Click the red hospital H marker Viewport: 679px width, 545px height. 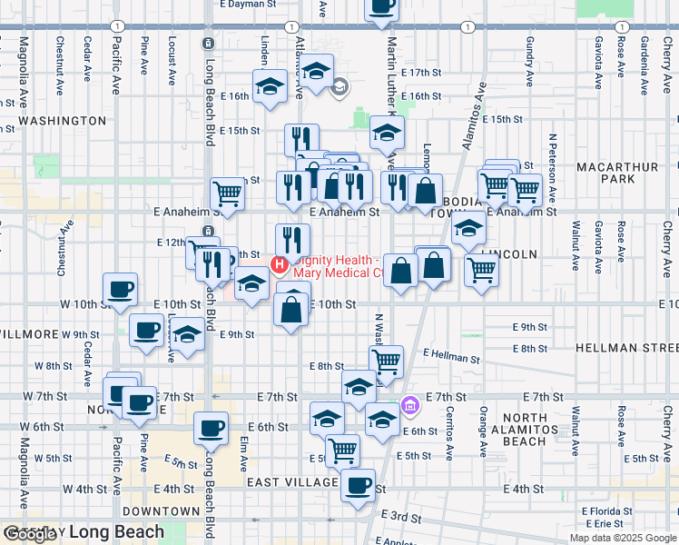tap(280, 266)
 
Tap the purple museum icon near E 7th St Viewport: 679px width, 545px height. tap(410, 404)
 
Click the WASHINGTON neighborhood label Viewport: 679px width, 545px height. tap(63, 121)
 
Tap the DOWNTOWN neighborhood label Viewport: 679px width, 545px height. tap(165, 511)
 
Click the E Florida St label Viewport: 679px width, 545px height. tap(609, 511)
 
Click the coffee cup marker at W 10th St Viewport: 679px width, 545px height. tap(120, 291)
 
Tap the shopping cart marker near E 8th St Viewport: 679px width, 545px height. tap(387, 361)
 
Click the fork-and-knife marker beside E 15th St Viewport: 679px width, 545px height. tap(300, 140)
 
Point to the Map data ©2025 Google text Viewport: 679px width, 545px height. tap(623, 538)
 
